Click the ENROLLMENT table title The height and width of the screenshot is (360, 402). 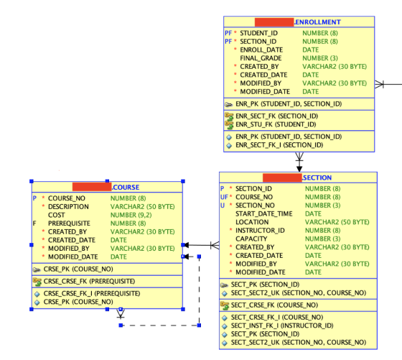[317, 22]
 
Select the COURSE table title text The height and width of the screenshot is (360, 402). [126, 188]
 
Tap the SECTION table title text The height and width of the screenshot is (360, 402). [317, 177]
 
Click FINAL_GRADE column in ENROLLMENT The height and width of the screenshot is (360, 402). [261, 58]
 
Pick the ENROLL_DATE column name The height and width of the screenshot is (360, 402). [261, 50]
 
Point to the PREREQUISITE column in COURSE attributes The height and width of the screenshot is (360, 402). [69, 223]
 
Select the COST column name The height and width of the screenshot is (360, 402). [57, 215]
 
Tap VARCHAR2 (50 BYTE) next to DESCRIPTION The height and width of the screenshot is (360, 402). [143, 206]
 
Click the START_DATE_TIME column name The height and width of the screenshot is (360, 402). [264, 213]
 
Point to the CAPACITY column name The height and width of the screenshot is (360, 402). [251, 239]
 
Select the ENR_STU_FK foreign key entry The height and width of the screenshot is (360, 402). [276, 124]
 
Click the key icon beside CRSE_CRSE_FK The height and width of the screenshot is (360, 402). [37, 282]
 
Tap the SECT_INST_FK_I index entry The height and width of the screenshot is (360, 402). [282, 326]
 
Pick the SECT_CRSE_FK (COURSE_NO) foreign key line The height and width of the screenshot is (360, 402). [274, 305]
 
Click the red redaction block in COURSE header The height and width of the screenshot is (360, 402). [92, 187]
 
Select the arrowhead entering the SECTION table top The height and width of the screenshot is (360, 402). [299, 169]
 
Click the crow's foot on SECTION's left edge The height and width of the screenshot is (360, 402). [215, 245]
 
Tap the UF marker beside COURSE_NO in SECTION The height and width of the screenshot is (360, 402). [224, 197]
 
